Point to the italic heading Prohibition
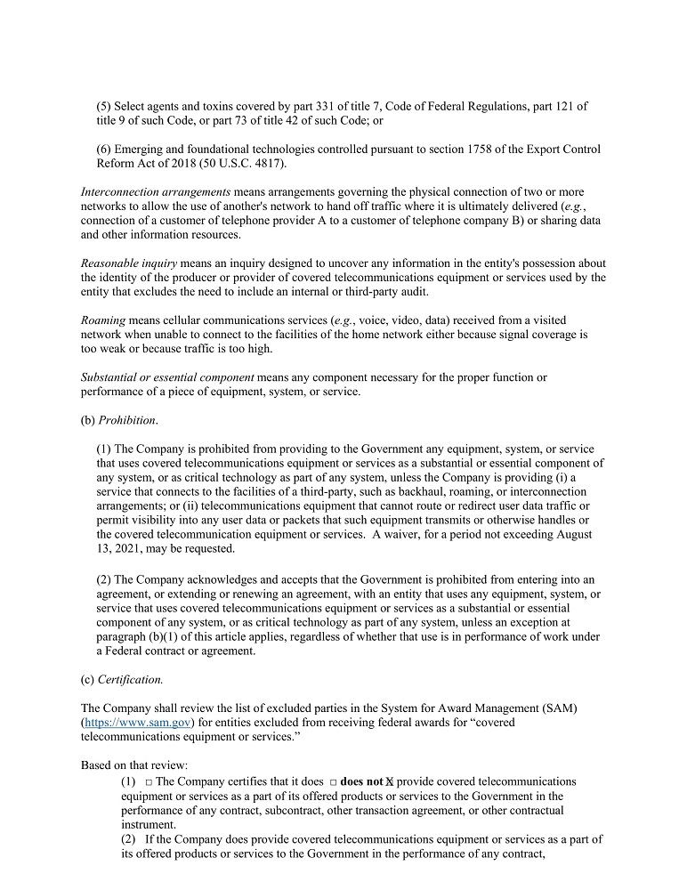pos(126,420)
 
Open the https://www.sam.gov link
pos(137,722)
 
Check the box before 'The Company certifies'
pos(149,781)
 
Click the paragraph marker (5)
pos(103,107)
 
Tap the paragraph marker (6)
pos(103,150)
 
